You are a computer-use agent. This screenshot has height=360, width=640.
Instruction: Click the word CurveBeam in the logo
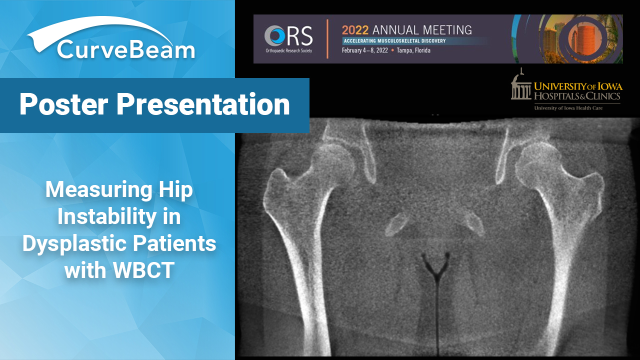click(x=126, y=49)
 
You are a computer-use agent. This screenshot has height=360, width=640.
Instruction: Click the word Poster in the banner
click(x=63, y=104)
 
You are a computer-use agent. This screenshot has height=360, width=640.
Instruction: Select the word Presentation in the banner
click(x=203, y=104)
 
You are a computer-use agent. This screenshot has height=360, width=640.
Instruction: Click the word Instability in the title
click(x=107, y=216)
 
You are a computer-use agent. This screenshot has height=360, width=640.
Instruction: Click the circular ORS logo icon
click(x=274, y=35)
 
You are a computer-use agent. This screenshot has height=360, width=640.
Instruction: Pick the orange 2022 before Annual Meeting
click(x=355, y=30)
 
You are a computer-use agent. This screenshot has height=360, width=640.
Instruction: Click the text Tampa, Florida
click(x=413, y=50)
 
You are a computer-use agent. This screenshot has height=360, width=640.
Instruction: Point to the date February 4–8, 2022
click(x=365, y=50)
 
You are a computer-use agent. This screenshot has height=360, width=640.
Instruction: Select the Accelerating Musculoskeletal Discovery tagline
click(x=394, y=41)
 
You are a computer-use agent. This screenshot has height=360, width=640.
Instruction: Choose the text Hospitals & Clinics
click(x=577, y=95)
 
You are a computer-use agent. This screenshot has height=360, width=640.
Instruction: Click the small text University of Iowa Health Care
click(x=568, y=108)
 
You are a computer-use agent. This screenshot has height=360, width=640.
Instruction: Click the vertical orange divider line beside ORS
click(x=327, y=39)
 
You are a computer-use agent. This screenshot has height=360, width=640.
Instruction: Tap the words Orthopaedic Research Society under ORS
click(x=288, y=51)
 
